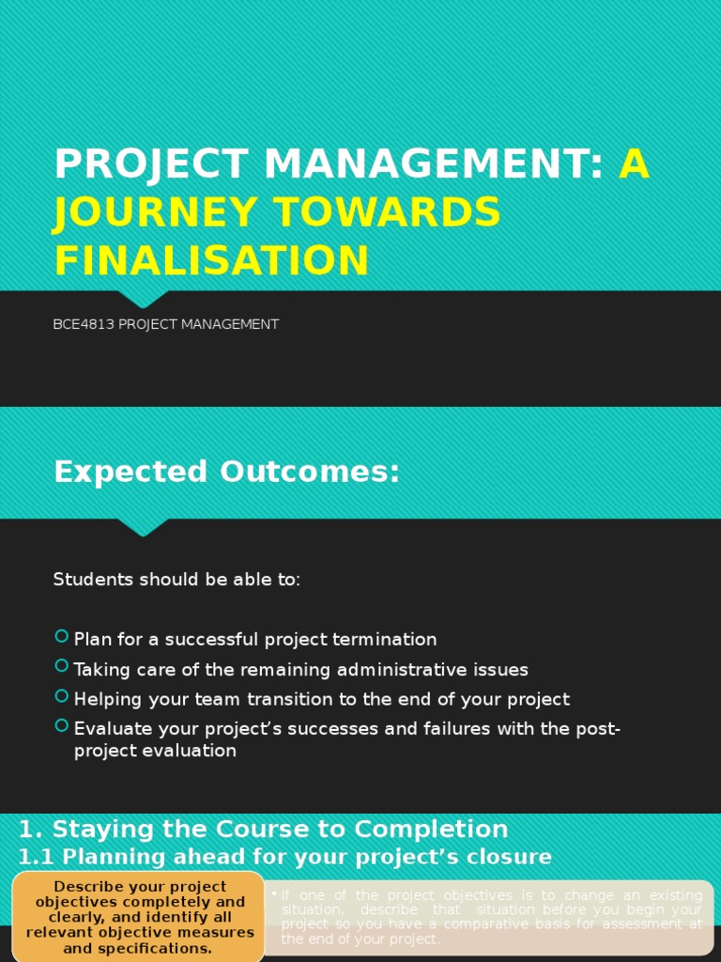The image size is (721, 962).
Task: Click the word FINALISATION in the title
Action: click(211, 260)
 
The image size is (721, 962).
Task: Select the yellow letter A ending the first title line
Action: click(634, 165)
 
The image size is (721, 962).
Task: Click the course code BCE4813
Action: click(84, 324)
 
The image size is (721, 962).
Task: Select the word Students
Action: click(94, 580)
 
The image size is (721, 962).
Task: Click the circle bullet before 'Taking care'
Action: click(62, 667)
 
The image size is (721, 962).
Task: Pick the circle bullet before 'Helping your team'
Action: click(62, 697)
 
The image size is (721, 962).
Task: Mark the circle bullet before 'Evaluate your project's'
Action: click(62, 726)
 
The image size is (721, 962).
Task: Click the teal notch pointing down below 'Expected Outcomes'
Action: click(143, 527)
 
